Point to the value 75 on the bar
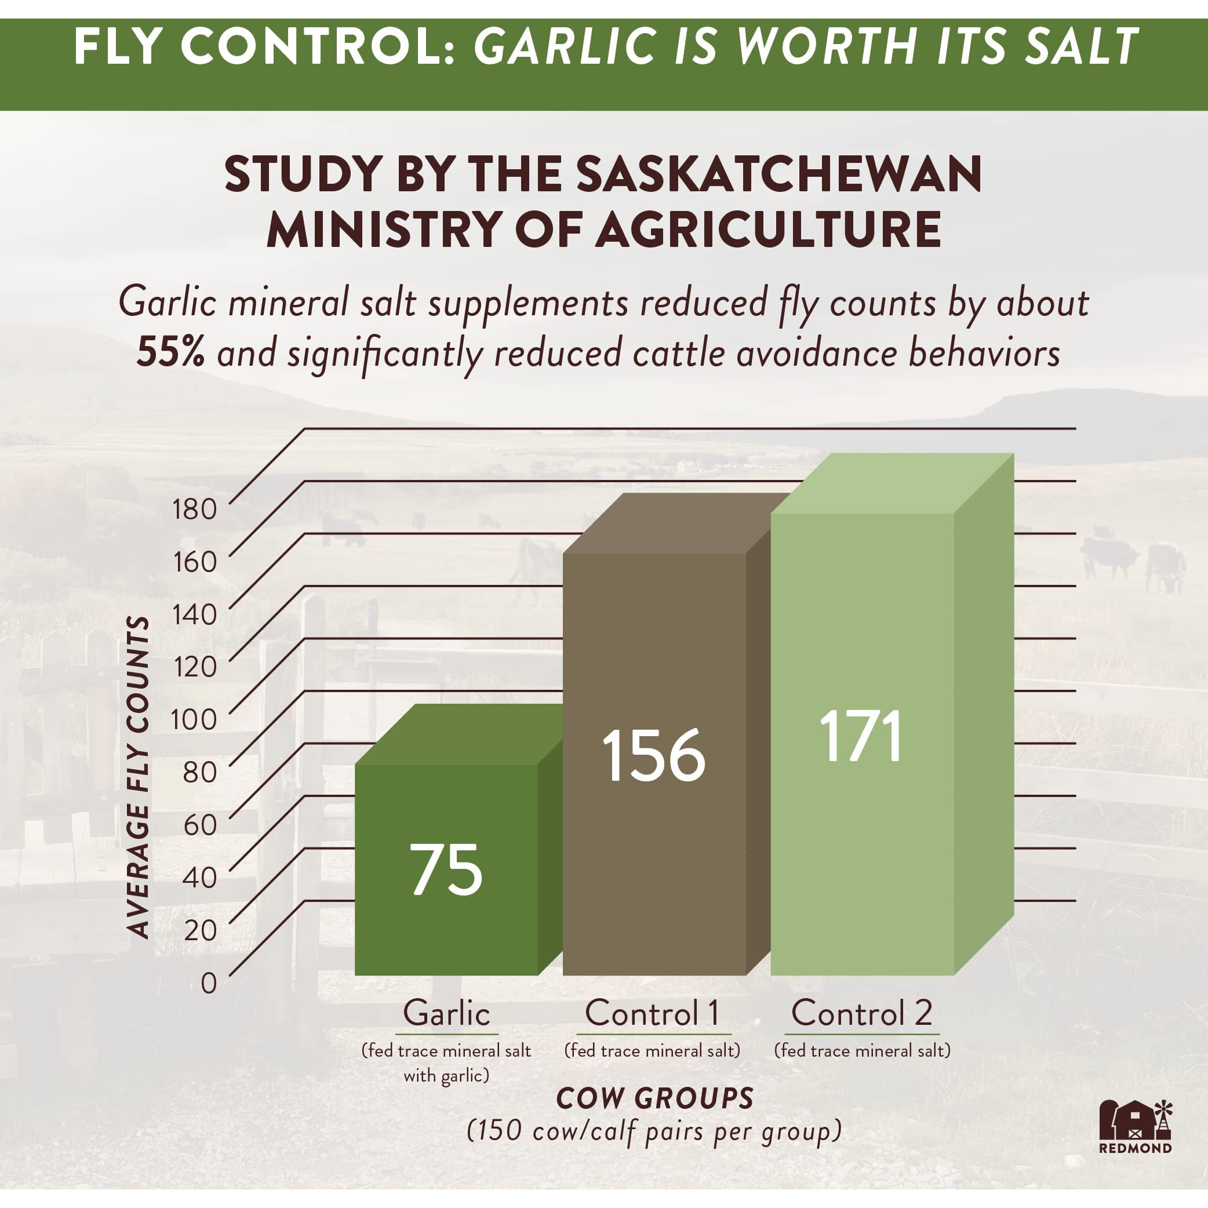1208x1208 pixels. click(446, 869)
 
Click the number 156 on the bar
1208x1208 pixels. click(654, 756)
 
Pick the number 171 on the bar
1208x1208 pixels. click(862, 736)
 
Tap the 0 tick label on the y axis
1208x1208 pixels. click(209, 983)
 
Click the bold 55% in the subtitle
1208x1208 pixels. click(170, 353)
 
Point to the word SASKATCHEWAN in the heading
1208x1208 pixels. click(778, 175)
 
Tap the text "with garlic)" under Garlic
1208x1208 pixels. click(446, 1075)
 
